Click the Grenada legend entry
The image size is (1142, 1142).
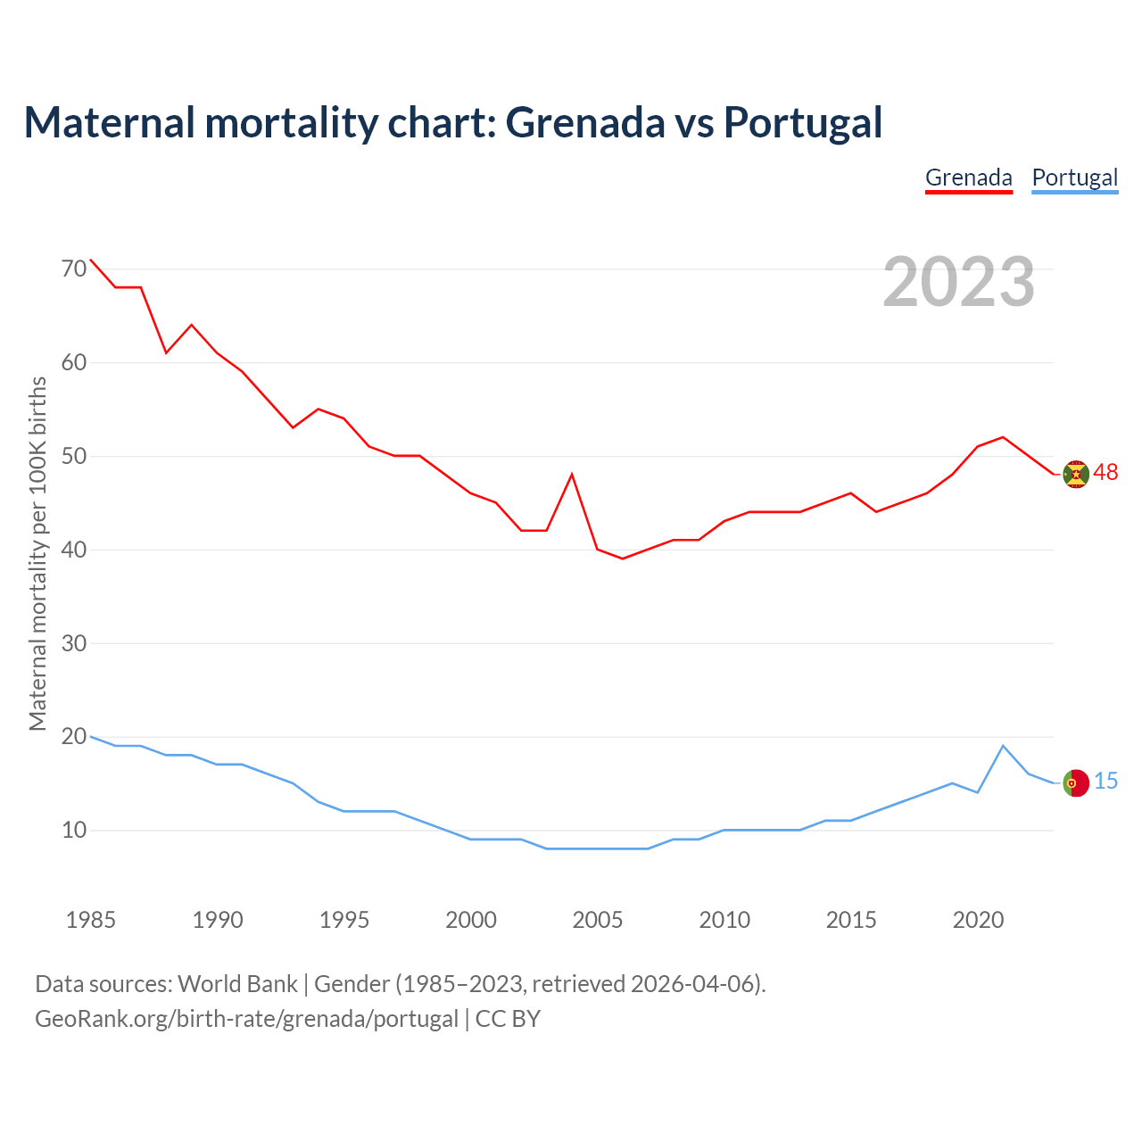(968, 178)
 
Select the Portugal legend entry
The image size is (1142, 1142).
(1074, 178)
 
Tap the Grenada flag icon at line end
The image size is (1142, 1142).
(1076, 474)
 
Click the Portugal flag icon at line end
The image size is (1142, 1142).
(1076, 782)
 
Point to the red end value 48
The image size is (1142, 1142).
(1105, 473)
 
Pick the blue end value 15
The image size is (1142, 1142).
(1105, 782)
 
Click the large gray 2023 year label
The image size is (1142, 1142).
(958, 282)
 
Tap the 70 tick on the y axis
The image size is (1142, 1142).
(74, 269)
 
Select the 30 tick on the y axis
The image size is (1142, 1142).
(74, 643)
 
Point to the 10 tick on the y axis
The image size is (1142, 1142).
(74, 831)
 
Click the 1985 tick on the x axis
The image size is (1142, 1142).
(91, 920)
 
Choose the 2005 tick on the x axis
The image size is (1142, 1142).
(598, 920)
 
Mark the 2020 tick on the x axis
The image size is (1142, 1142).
(978, 920)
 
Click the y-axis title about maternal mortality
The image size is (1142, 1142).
(37, 553)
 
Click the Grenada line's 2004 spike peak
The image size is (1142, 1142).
(572, 474)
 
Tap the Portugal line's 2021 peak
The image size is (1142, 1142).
(1003, 746)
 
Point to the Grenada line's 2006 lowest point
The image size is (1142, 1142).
(623, 559)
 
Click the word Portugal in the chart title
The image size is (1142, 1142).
(803, 122)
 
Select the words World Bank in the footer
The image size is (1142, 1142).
(237, 984)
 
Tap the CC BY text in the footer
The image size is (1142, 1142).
(508, 1019)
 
